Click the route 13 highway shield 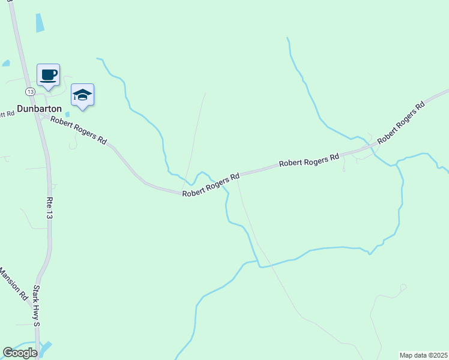click(x=29, y=91)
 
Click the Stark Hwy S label click(x=36, y=306)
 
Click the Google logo click(x=20, y=353)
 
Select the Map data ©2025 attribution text click(x=424, y=355)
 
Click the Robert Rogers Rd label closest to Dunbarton click(x=78, y=130)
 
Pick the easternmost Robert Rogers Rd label click(x=402, y=122)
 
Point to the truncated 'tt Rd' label click(x=7, y=113)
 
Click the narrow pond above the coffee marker click(x=40, y=23)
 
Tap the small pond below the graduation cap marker click(x=67, y=114)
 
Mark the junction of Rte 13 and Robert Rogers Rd click(x=40, y=115)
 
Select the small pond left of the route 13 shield click(x=6, y=63)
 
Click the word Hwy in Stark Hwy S click(x=36, y=307)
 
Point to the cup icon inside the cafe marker click(x=48, y=74)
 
